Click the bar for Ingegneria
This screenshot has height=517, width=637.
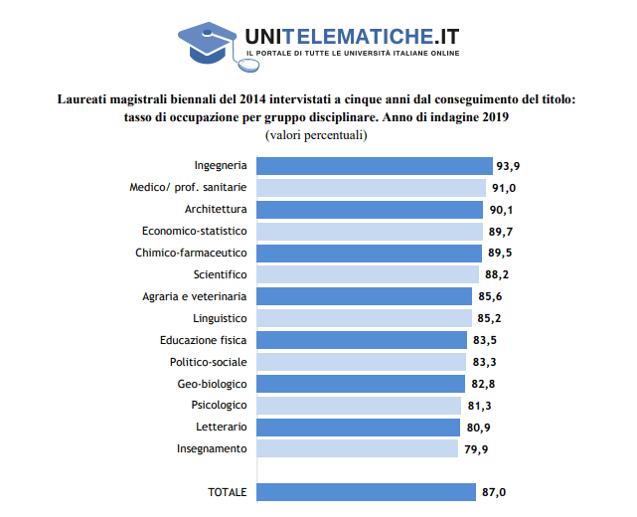pos(375,166)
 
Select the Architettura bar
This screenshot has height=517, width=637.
pos(370,210)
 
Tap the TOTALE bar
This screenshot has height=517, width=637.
pos(366,492)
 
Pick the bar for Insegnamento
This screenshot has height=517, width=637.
pos(357,448)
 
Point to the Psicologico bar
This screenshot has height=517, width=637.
pos(359,406)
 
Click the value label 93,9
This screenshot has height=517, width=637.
pos(508,166)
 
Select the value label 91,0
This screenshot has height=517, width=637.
pos(504,188)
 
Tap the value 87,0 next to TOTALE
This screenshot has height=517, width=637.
pos(494,492)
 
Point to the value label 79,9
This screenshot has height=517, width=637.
pos(476,449)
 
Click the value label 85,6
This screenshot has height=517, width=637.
pos(490,296)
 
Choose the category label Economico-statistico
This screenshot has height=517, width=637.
pos(194,231)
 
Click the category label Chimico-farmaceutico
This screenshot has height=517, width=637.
pos(191,253)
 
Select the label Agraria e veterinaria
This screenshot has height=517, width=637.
pos(194,296)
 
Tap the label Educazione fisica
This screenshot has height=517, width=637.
pos(203,340)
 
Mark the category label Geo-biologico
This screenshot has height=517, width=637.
pos(212,384)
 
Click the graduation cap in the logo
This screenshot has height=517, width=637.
pos(207,43)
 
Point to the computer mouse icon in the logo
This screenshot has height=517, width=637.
pos(248,65)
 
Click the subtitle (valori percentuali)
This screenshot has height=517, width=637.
pos(316,135)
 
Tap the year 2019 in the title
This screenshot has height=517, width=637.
pos(496,117)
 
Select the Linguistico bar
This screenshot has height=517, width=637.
pos(365,318)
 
